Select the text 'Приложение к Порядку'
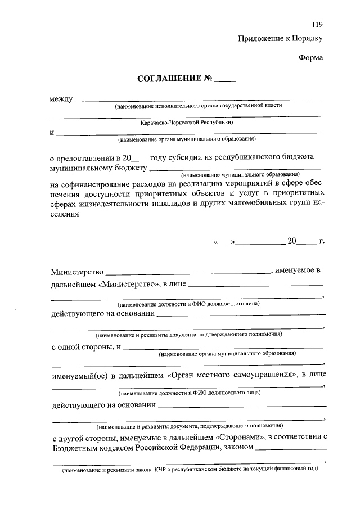[x=281, y=39]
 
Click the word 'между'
[x=61, y=100]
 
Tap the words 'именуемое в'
[x=298, y=271]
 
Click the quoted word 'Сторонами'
[x=240, y=437]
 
